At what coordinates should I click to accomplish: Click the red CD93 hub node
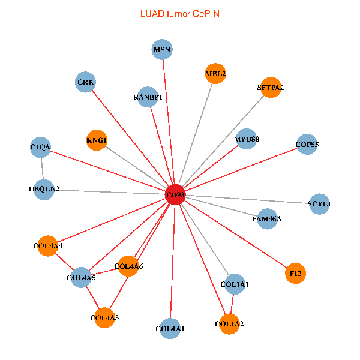pos(175,194)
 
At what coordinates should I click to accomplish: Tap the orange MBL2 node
pos(215,74)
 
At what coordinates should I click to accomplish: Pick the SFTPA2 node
pos(271,88)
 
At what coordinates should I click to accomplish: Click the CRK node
pos(86,82)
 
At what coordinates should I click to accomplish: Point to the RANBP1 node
pos(148,97)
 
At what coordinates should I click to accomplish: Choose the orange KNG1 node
pos(97,140)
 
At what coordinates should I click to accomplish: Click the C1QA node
pos(40,147)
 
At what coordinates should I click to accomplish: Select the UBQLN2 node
pos(44,189)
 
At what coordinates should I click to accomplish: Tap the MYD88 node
pos(246,139)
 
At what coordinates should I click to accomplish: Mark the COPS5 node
pos(307,144)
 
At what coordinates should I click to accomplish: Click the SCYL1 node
pos(319,204)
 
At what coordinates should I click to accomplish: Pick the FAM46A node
pos(266,218)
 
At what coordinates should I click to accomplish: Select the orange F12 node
pos(295,273)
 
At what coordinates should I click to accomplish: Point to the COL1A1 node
pos(235,284)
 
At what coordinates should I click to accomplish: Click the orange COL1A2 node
pos(229,324)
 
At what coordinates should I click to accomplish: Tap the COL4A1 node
pos(170,328)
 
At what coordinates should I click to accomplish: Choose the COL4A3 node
pos(104,317)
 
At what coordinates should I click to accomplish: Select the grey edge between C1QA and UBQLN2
pos(42,168)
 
